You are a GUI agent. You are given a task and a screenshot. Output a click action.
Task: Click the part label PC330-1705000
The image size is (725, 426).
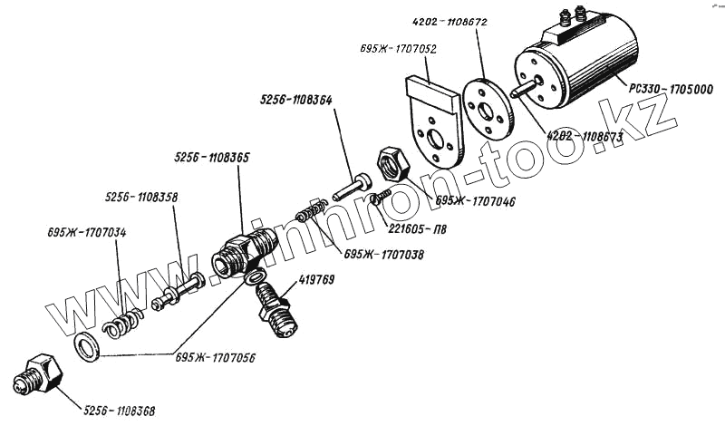[x=671, y=88]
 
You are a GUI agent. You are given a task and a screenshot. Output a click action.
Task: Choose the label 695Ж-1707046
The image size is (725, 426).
[x=475, y=201]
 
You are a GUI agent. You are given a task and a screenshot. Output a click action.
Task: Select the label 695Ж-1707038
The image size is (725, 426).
[x=383, y=256]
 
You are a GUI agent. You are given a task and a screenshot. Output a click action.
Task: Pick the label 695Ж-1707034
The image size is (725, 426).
[x=87, y=233]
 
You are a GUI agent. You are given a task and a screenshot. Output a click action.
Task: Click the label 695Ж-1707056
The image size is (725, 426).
[x=216, y=356]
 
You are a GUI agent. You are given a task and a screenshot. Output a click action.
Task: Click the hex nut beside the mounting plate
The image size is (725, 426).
[x=393, y=164]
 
